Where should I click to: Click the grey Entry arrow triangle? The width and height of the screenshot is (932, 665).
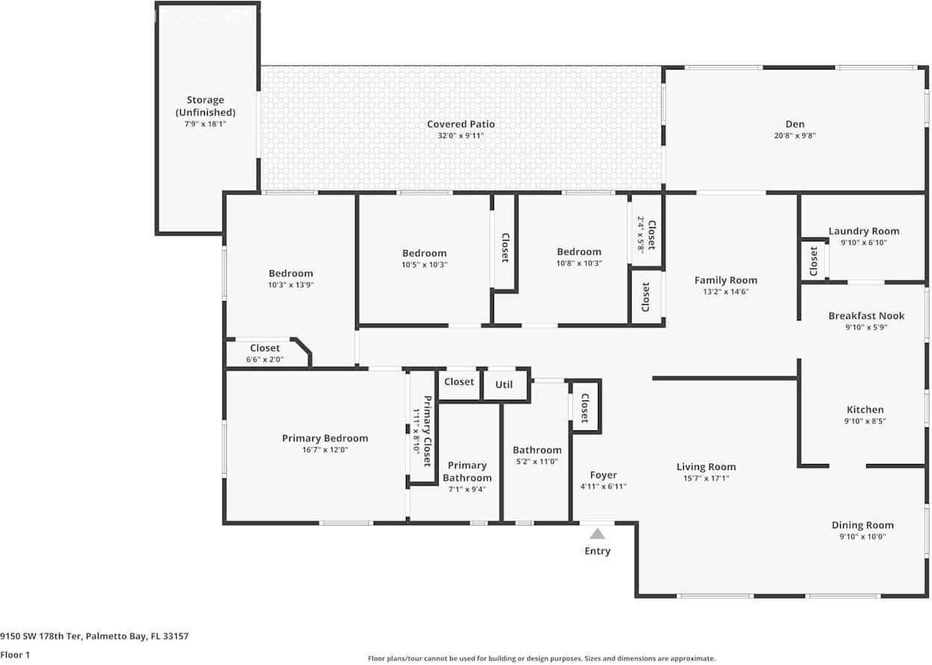tap(597, 533)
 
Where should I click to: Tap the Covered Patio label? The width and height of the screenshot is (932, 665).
tap(460, 124)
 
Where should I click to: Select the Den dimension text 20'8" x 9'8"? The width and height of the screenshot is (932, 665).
tap(794, 136)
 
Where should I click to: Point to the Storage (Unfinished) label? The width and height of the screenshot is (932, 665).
tap(205, 105)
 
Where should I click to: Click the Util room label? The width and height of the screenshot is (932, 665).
tap(504, 384)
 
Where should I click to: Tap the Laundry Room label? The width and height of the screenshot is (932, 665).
tap(863, 231)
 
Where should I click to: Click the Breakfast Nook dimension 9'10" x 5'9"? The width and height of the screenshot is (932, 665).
tap(866, 327)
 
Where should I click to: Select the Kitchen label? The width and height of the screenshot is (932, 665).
tap(865, 409)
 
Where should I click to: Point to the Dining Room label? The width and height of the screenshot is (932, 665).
tap(862, 525)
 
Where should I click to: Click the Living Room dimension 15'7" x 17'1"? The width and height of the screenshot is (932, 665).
tap(706, 479)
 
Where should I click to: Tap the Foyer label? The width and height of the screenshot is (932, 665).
tap(603, 475)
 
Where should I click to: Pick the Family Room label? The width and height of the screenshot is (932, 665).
tap(725, 280)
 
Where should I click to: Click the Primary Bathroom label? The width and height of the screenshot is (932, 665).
tap(467, 471)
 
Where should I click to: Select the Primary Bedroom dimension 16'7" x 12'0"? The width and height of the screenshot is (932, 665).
tap(324, 450)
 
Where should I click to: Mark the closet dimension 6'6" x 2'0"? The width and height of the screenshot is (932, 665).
tap(265, 359)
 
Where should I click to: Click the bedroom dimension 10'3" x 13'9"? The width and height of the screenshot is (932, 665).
tap(291, 285)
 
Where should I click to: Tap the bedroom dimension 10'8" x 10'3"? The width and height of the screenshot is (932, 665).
tap(578, 263)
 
